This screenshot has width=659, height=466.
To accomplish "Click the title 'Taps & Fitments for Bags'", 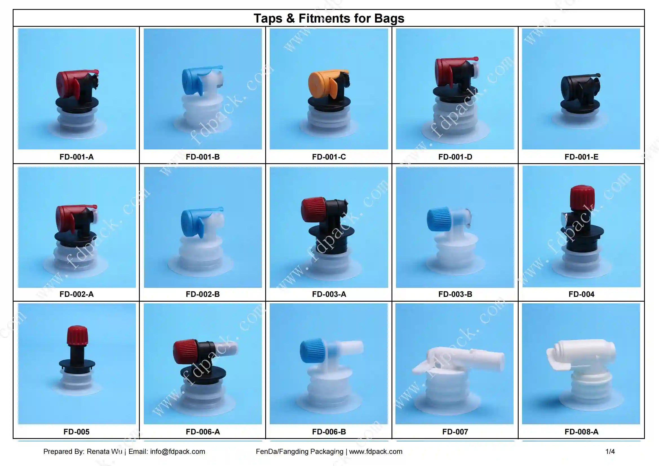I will (x=329, y=18).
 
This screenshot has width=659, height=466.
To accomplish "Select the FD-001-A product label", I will (x=76, y=157).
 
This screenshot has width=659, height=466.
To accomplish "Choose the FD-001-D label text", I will (x=455, y=157).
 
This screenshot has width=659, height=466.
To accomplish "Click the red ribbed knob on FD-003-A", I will (x=313, y=207).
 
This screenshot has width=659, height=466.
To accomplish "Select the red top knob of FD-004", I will (x=582, y=197).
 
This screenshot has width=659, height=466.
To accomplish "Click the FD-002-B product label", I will (x=203, y=294).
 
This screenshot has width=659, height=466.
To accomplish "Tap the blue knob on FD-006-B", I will (x=311, y=351).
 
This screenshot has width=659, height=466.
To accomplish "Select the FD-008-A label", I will (x=581, y=432).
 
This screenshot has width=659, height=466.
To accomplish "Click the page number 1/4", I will (x=610, y=452).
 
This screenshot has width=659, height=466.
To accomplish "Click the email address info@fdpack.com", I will (x=177, y=452).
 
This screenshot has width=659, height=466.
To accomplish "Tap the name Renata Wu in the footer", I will (x=105, y=452).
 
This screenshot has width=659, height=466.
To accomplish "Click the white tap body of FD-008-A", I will (x=585, y=356).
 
